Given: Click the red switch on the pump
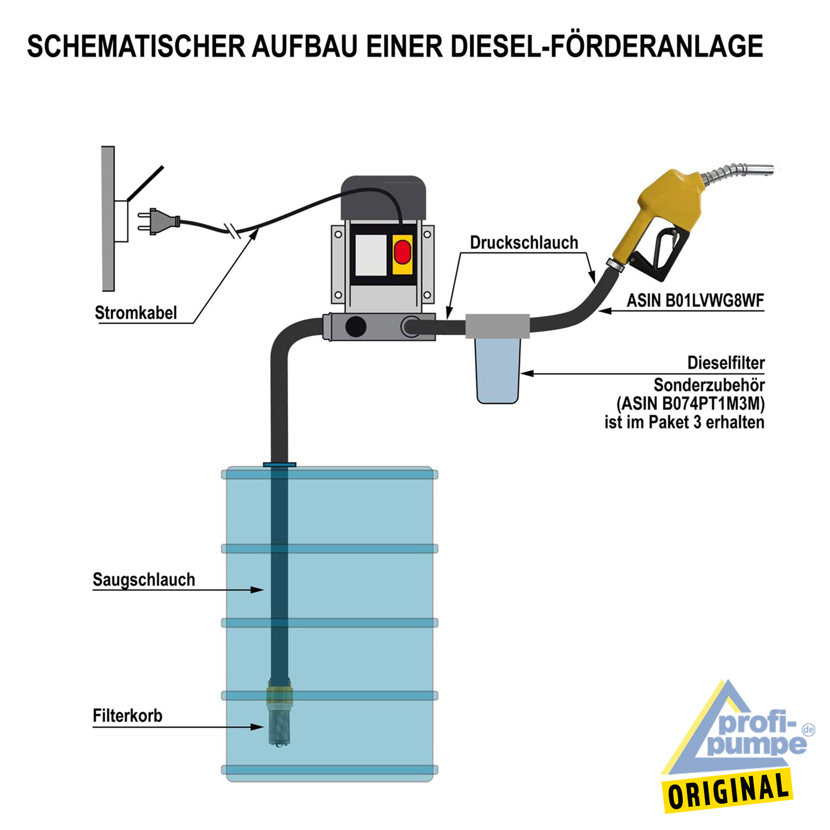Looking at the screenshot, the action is (402, 252).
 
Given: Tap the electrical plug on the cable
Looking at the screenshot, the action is (158, 221).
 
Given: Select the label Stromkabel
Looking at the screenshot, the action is (136, 313).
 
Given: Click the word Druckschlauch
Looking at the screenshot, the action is (524, 242).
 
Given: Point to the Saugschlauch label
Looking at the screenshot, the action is (144, 579).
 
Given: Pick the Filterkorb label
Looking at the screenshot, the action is (127, 715).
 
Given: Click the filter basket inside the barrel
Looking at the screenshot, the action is (279, 714).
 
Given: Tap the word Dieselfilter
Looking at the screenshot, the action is (726, 363).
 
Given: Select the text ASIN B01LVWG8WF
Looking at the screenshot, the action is (695, 300).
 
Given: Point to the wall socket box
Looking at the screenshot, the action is (121, 221).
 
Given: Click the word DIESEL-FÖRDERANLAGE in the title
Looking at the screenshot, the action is (607, 46).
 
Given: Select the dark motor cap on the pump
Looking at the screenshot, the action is (383, 198).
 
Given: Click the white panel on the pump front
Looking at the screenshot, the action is (371, 255).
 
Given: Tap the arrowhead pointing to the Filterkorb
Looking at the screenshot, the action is (257, 727).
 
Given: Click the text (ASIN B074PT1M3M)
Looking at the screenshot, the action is (691, 403).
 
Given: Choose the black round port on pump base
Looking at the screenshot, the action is (355, 326).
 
